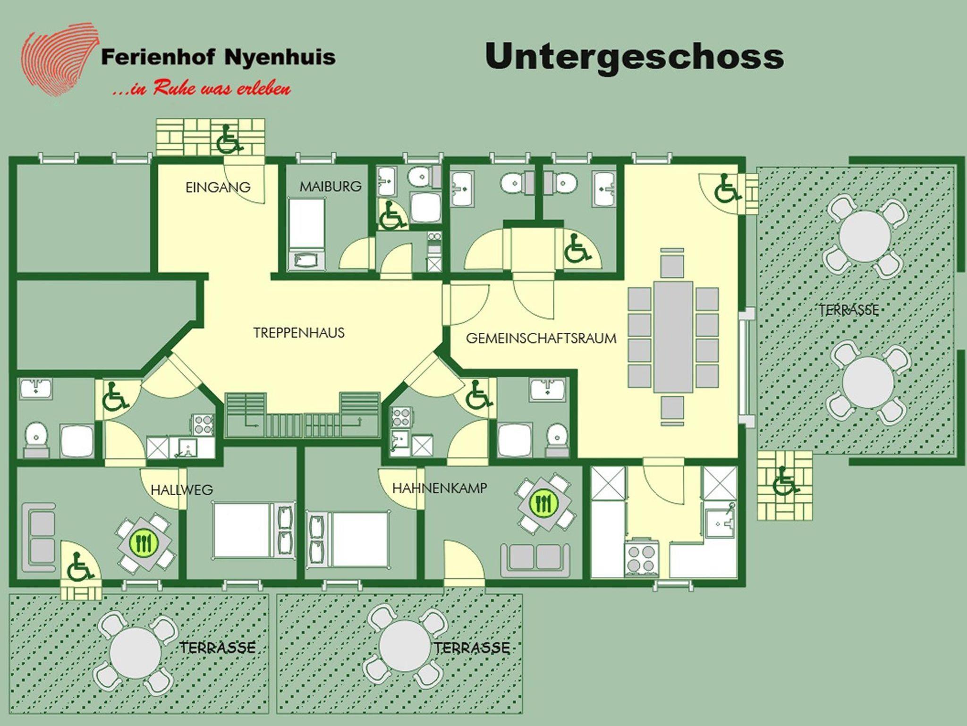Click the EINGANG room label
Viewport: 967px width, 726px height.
[x=218, y=187]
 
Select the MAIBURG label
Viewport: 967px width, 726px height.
[x=331, y=186]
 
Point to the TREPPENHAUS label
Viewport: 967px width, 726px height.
[x=299, y=333]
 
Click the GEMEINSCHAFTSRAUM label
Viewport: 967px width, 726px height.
[x=541, y=338]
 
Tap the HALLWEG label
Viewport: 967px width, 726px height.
[x=182, y=490]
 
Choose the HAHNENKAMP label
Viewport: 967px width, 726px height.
[x=439, y=488]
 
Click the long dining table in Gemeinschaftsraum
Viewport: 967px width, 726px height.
[x=673, y=337]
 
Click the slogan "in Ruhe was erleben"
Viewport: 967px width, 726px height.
[x=202, y=88]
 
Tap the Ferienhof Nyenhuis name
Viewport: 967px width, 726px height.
[x=218, y=57]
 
